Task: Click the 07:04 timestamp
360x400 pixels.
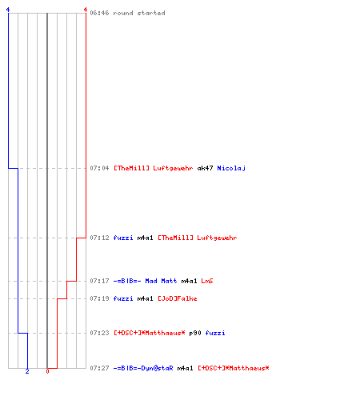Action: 99,168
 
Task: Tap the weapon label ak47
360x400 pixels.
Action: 205,168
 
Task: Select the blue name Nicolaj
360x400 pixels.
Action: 231,169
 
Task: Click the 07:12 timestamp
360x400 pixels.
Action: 99,238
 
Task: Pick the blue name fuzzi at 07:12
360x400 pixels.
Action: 123,238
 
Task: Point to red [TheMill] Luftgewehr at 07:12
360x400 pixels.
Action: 198,238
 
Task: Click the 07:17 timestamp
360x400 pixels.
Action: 99,281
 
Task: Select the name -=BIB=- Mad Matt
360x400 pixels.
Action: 145,281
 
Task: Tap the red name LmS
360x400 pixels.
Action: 207,281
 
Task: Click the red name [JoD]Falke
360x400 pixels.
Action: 178,298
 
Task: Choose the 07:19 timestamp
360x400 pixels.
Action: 99,298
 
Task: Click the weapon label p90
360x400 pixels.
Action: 195,334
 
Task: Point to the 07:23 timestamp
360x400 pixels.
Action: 99,333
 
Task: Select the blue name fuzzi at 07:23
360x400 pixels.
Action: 215,333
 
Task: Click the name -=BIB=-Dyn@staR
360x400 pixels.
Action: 143,368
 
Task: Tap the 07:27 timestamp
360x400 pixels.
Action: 99,368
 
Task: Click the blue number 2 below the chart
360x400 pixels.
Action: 27,371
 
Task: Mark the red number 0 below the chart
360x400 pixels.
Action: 47,371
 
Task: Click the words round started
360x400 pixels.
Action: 139,13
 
